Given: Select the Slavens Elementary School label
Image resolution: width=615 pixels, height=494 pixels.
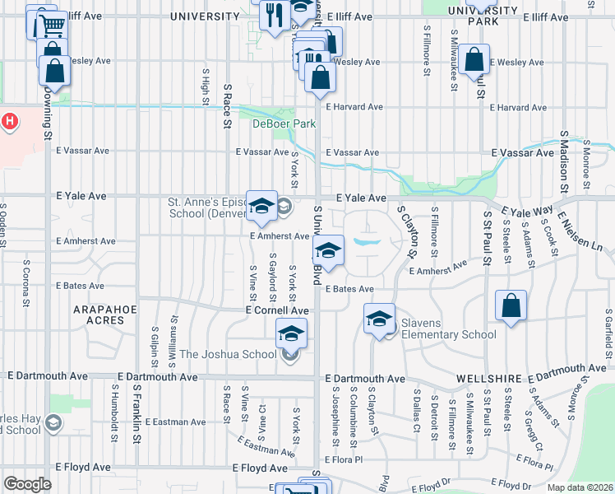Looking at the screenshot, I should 449,334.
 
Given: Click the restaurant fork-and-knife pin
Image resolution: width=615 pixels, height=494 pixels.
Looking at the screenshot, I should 274,15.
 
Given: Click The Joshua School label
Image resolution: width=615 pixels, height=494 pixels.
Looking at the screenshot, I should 228,355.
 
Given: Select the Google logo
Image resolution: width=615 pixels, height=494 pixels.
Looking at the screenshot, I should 27,483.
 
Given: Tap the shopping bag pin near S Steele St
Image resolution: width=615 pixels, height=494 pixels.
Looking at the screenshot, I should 511,305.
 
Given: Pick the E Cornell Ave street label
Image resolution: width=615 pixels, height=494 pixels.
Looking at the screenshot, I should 277,310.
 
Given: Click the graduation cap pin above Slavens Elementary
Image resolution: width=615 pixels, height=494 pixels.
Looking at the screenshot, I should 379,318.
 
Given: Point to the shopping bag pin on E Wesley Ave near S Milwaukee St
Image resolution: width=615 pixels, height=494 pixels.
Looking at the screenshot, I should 474,60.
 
